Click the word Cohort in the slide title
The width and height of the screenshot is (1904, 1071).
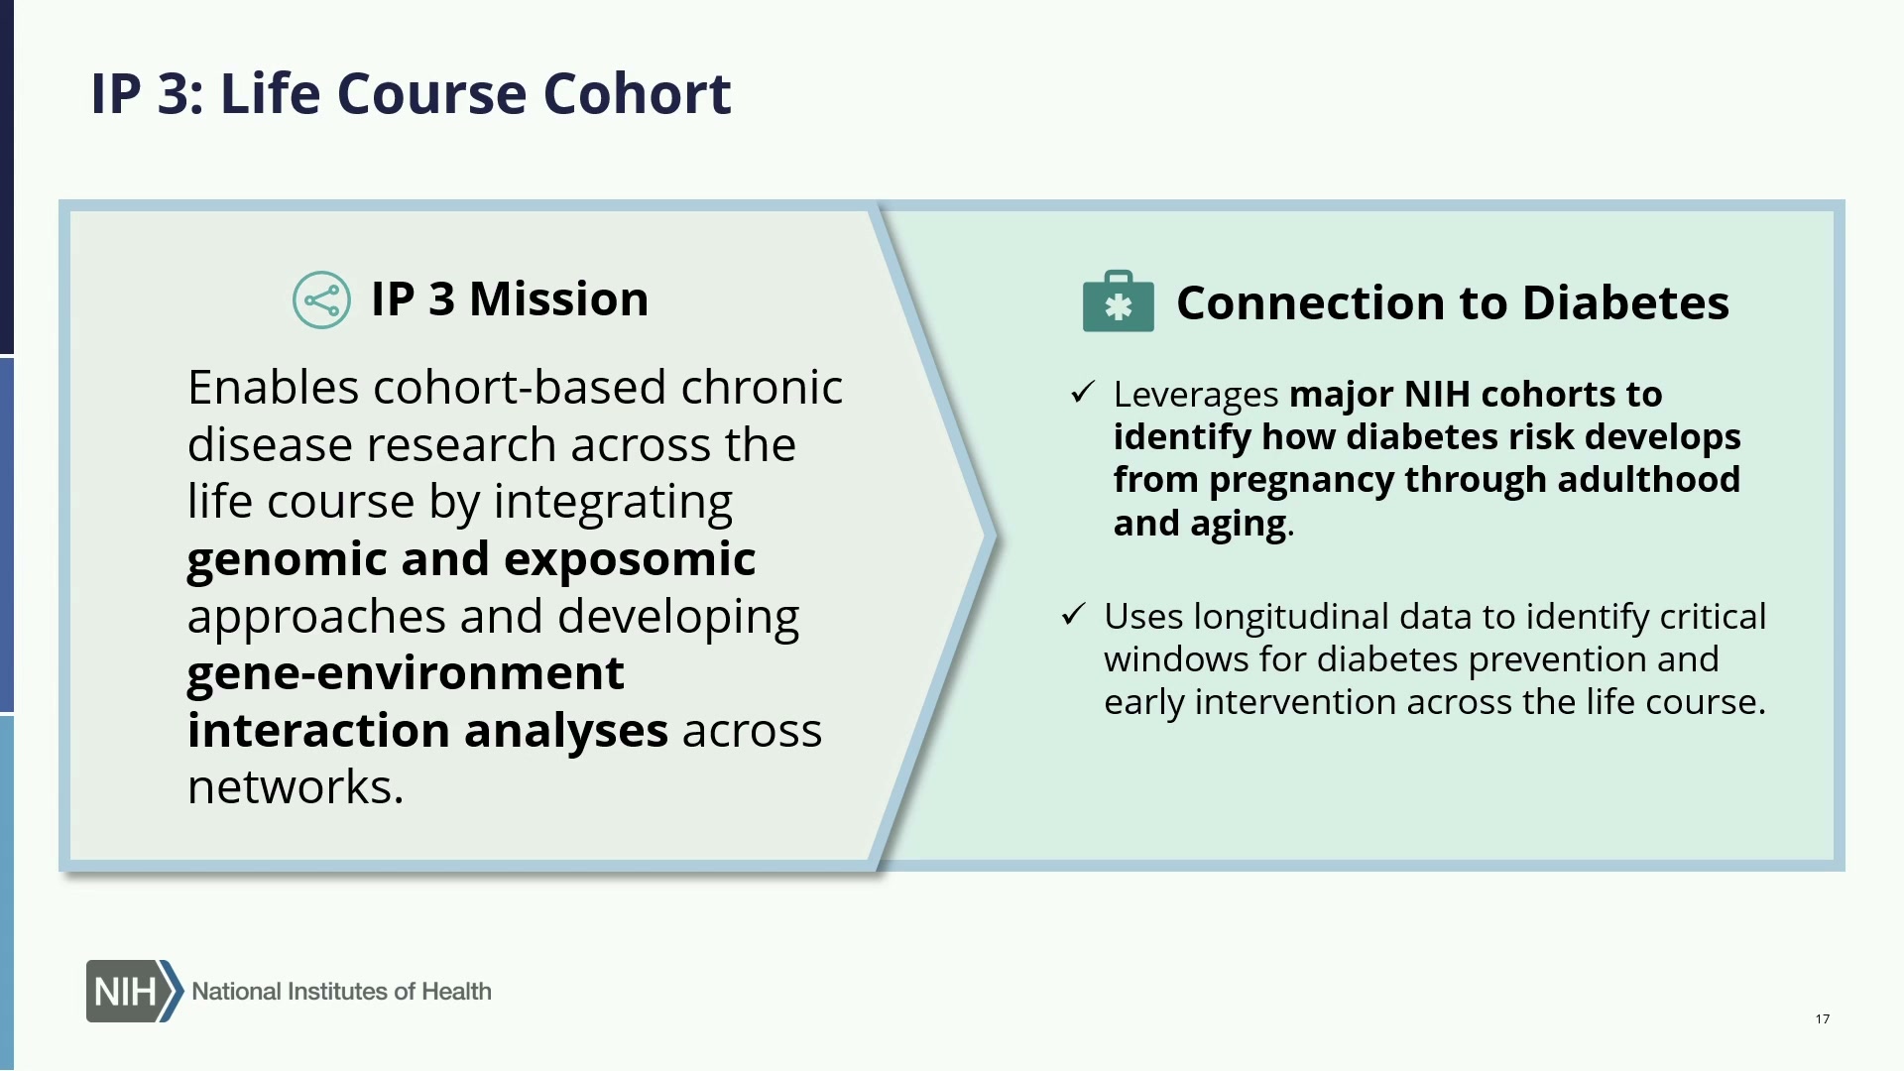click(637, 94)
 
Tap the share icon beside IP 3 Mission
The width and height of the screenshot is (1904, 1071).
click(321, 299)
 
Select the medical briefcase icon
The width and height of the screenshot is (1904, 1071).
click(1118, 300)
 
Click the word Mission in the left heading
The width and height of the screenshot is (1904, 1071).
click(558, 298)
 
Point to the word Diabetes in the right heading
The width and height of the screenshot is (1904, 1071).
click(1625, 302)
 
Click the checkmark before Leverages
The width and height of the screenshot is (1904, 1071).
click(1082, 393)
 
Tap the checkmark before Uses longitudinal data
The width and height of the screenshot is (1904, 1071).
click(1073, 615)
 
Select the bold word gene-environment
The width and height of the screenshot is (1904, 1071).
click(406, 674)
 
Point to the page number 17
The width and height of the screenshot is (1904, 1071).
click(1823, 1018)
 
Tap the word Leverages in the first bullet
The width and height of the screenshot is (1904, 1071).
click(1196, 396)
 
